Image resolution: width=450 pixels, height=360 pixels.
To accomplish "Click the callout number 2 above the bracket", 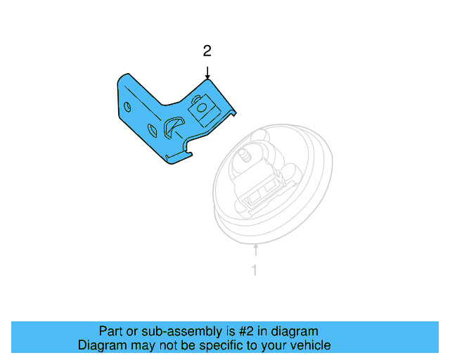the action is pos(207,51).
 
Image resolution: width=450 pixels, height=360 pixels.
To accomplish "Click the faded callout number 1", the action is pos(255,269).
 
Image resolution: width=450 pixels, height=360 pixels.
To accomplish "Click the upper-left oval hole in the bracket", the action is pos(127,107).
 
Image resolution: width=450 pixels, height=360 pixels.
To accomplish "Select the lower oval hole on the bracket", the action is pos(153,129).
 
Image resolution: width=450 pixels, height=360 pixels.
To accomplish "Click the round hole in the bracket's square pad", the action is pos(201,107).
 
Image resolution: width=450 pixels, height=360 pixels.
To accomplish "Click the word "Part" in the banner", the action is pos(111,331).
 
